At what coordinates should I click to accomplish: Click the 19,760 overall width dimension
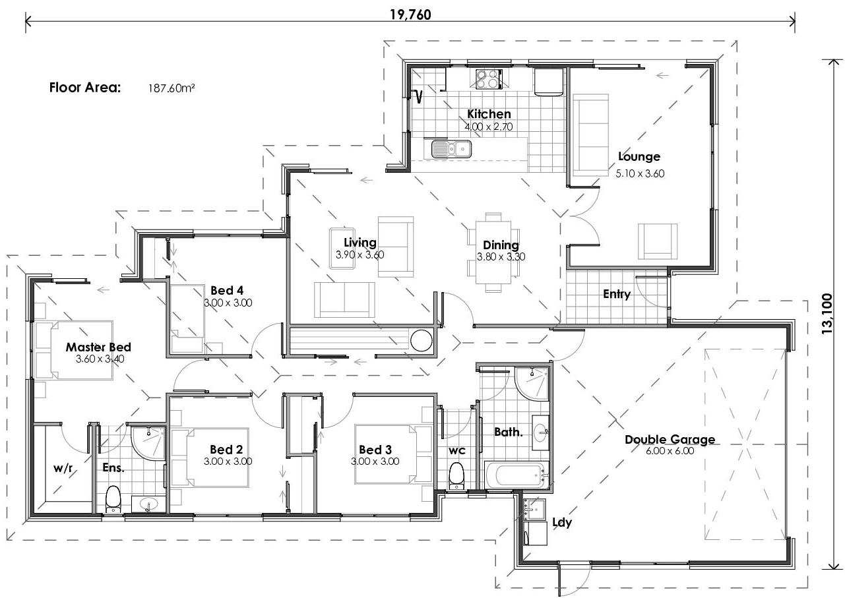coord(410,15)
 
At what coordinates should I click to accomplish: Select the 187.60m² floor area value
coord(172,88)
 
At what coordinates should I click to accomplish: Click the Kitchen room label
coord(489,114)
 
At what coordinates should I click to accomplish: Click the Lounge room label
coord(639,157)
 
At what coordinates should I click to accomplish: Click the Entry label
coord(616,295)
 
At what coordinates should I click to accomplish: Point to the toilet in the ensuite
coord(113,498)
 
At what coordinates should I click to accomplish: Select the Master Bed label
coord(98,347)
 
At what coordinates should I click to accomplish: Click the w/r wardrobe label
coord(63,468)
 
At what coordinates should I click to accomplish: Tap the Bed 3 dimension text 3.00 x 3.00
coord(375,462)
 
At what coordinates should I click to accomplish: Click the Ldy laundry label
coord(561,523)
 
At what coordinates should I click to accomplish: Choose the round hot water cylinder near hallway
coord(422,341)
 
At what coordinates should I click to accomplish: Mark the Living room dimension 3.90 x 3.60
coord(360,254)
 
